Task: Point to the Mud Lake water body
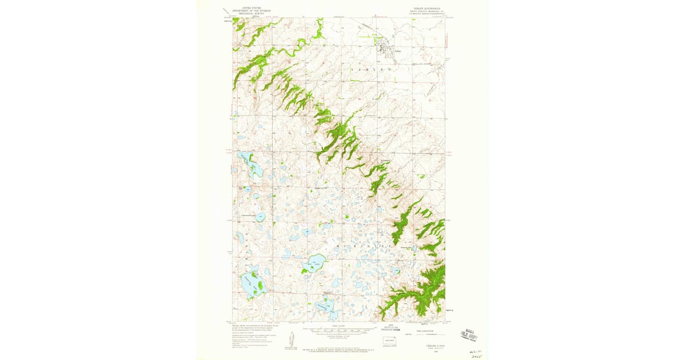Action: pos(314,263)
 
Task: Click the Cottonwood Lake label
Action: pos(248,215)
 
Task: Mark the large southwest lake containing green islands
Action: pos(252,284)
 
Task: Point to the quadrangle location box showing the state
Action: pos(388,342)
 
